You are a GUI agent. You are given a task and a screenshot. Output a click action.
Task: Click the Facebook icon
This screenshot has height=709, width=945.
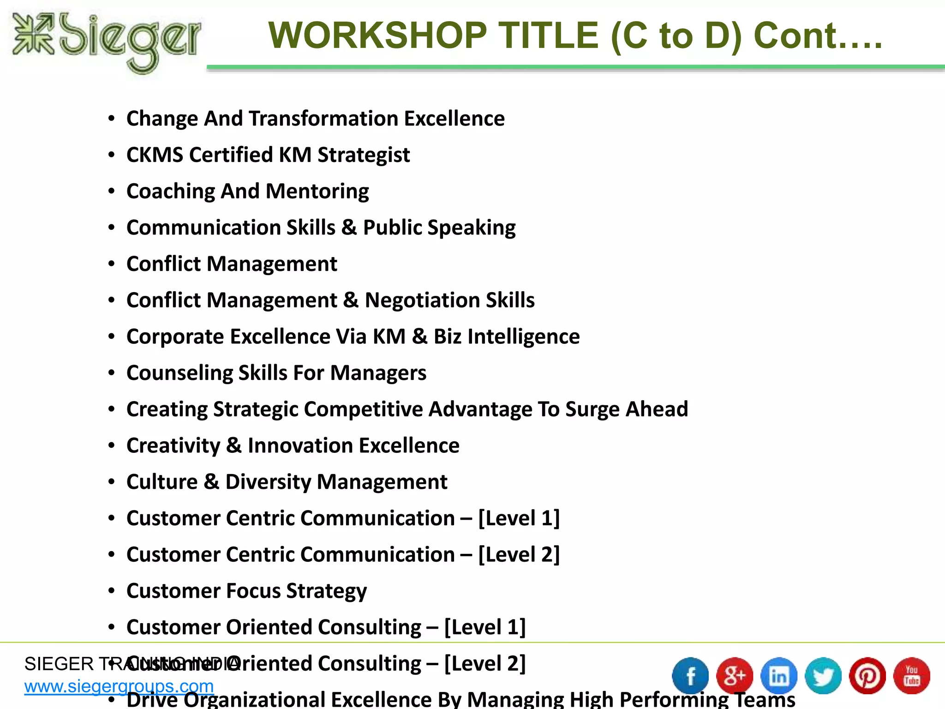click(x=690, y=676)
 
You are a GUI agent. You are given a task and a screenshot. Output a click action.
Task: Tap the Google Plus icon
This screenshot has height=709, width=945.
click(x=735, y=676)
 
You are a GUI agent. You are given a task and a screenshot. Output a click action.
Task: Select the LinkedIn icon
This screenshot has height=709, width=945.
click(x=779, y=676)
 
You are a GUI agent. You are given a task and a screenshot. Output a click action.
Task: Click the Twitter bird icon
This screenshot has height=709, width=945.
click(x=823, y=676)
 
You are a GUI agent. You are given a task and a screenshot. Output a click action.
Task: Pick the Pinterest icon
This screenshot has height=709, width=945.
click(x=867, y=676)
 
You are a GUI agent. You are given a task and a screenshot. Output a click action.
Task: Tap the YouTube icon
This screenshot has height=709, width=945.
click(x=912, y=676)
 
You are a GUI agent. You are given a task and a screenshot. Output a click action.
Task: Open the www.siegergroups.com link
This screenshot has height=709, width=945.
click(x=119, y=687)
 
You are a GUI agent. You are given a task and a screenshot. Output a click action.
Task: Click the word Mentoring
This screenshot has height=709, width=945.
click(x=317, y=191)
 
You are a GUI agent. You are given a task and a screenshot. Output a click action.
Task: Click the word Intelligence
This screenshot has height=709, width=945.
click(x=523, y=336)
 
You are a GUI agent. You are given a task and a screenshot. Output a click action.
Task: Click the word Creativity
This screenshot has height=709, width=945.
click(x=173, y=446)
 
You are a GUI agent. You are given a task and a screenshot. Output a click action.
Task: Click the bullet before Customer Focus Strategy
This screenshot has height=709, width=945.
click(x=111, y=591)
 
